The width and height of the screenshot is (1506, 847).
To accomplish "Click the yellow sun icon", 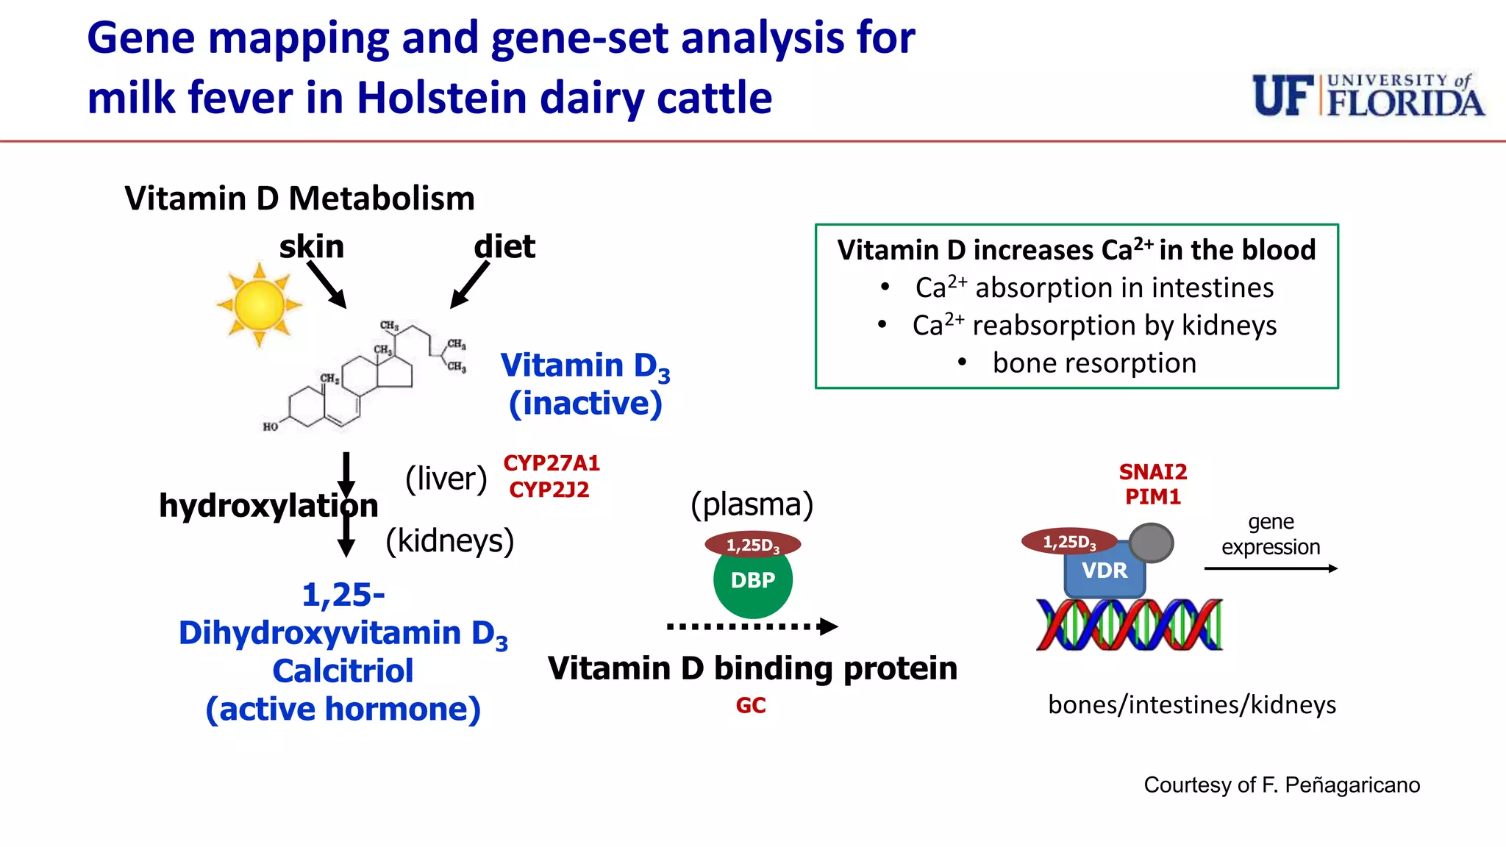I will (259, 304).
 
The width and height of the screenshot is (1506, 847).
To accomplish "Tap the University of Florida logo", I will (1368, 96).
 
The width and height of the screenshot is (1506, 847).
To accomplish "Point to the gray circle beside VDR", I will (1151, 543).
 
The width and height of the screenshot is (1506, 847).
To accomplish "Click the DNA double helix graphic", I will (1129, 625).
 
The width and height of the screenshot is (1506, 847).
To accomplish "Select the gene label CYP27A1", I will (552, 463).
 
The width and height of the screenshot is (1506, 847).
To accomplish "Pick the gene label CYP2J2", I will (549, 490).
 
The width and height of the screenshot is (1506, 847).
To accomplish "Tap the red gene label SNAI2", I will (1152, 471).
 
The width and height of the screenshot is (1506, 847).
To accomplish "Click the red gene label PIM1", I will (1152, 497).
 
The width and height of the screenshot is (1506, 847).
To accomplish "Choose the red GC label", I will (751, 706).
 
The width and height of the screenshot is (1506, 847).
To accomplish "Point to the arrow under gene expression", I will (1270, 568).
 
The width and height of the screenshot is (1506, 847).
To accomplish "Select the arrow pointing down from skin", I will (326, 285).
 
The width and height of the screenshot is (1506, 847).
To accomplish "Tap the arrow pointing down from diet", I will (469, 285).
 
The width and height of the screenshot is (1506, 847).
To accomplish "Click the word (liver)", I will (446, 479).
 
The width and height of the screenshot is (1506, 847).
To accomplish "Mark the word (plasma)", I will (752, 504).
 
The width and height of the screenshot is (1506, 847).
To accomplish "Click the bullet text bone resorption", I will (1093, 363).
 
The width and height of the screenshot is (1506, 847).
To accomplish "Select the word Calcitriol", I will (343, 671).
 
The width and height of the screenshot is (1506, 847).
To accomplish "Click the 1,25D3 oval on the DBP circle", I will (752, 545).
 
